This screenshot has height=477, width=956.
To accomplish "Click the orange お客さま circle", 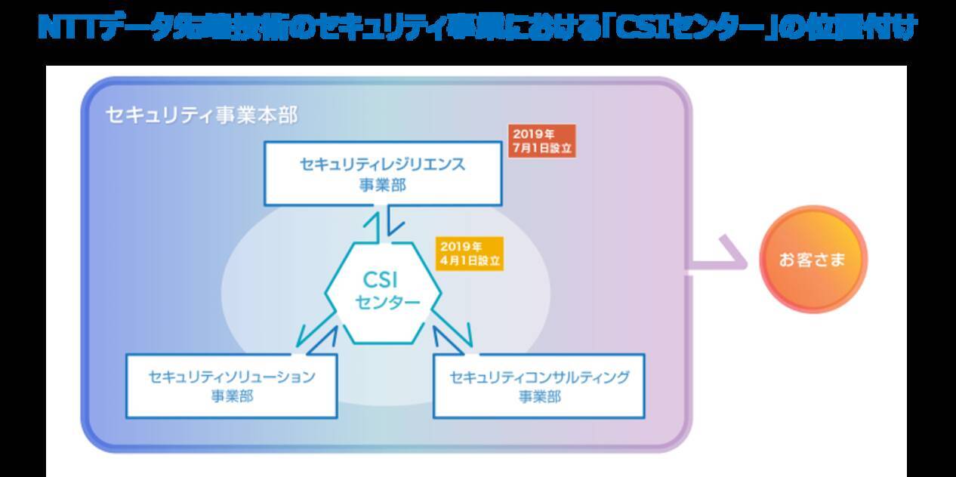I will [x=812, y=260].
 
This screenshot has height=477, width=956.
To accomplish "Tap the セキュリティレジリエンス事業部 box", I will [x=382, y=174].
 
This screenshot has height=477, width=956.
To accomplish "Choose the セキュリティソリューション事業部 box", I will [x=231, y=386].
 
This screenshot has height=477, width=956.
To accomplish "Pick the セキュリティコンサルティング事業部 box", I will [x=539, y=386].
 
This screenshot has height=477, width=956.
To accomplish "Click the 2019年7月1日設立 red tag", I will [x=542, y=140].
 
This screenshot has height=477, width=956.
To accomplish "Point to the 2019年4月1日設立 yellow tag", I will [x=469, y=254].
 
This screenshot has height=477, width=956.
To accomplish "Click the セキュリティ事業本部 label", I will [x=202, y=115].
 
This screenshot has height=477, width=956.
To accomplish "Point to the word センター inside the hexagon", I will [x=387, y=303].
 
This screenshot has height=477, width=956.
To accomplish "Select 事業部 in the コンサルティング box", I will [x=539, y=396].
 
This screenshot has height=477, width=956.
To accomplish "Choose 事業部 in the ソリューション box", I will [x=231, y=396].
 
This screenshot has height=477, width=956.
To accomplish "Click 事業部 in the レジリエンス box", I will [x=382, y=184].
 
